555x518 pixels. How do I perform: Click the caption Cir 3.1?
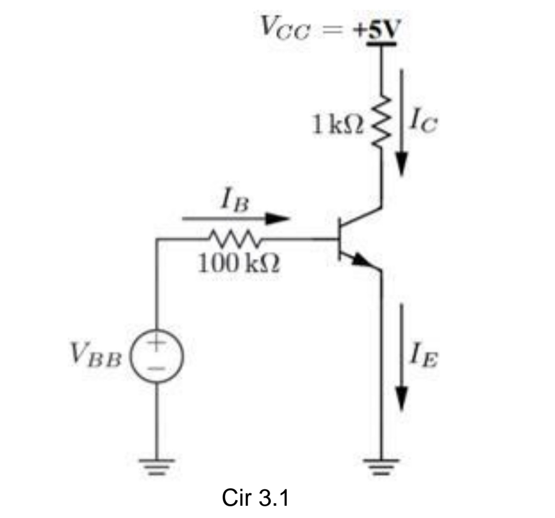coord(256,496)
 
